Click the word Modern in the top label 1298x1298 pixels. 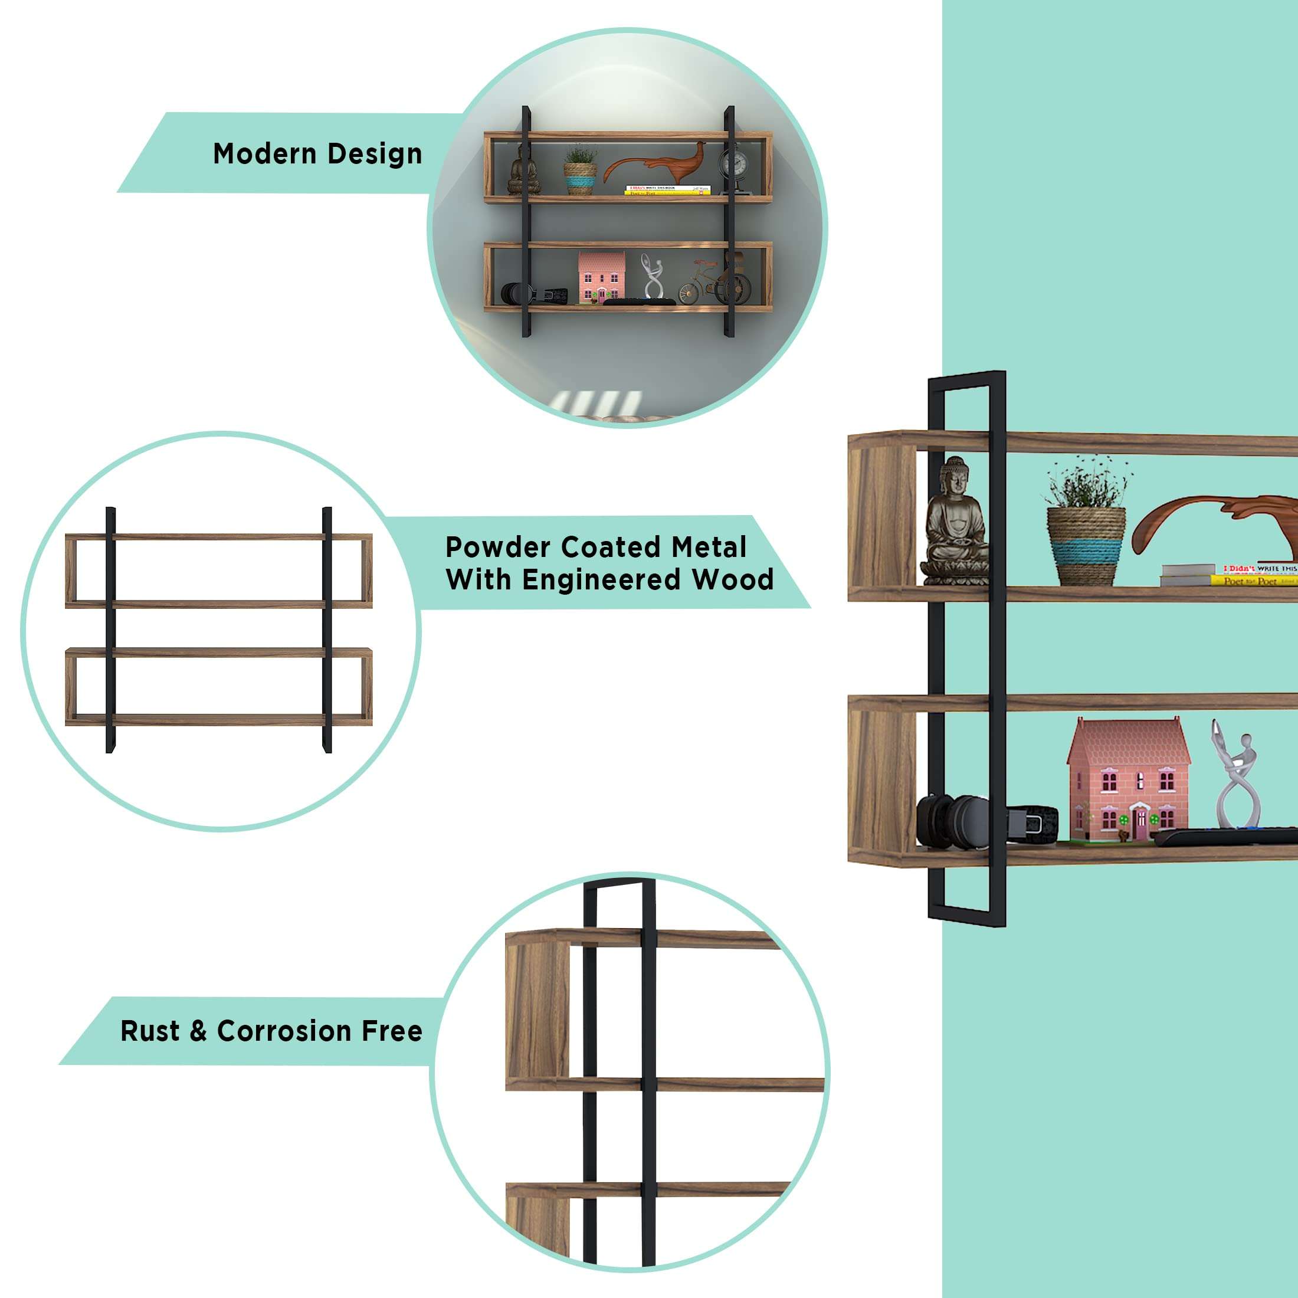[x=264, y=154]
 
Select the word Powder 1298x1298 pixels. [x=498, y=548]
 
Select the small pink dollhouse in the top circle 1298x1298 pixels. [x=601, y=277]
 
